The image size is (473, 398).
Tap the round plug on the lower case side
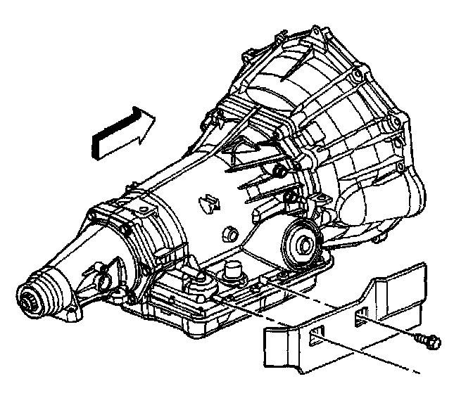pos(229,233)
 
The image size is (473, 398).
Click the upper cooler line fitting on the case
pos(279,171)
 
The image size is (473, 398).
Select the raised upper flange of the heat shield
pos(401,278)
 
